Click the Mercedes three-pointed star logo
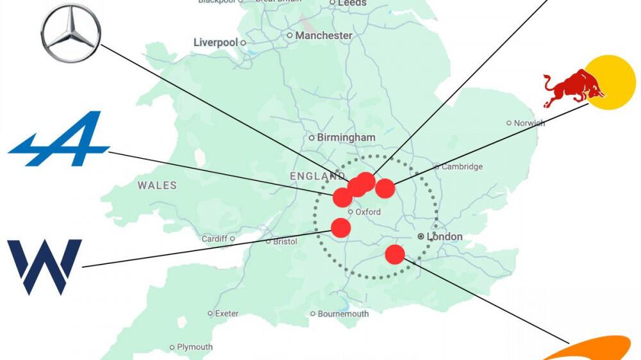click(71, 33)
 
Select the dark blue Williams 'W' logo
click(44, 266)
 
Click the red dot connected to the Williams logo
click(341, 227)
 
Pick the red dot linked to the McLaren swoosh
click(395, 254)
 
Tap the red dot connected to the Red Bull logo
click(385, 188)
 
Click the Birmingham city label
click(346, 137)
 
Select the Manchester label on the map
click(324, 36)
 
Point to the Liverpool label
click(215, 42)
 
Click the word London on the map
click(444, 236)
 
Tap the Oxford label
click(368, 212)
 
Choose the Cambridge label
click(462, 167)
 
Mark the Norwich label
click(529, 123)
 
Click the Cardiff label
click(214, 239)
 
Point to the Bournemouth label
click(344, 314)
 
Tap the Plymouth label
click(195, 347)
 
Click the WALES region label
click(157, 185)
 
